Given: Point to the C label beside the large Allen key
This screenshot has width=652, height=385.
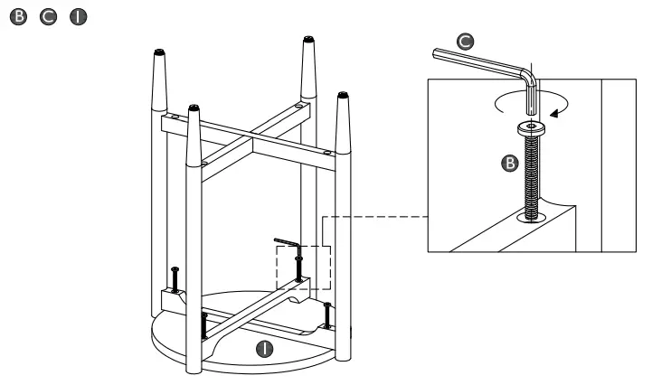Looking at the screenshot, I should point(465,40).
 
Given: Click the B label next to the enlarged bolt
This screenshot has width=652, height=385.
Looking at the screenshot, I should point(508,164).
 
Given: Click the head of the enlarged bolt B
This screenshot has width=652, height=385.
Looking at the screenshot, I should point(529,128).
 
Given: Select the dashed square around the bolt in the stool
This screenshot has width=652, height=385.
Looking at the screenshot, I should point(304,268).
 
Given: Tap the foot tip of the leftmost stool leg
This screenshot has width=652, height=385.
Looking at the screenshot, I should point(159,52).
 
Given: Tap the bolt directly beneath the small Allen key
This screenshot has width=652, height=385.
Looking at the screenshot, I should point(298,267).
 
